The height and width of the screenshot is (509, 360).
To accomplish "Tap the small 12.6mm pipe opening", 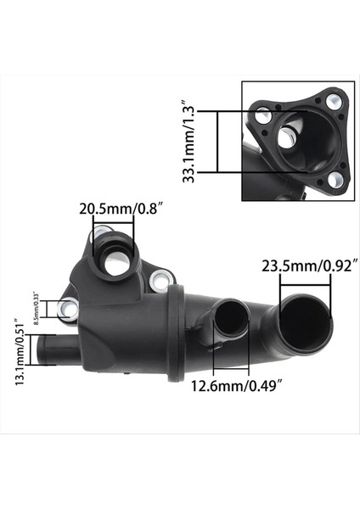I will pyautogui.click(x=229, y=322).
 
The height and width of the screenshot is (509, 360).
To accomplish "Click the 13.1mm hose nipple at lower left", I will pyautogui.click(x=53, y=348).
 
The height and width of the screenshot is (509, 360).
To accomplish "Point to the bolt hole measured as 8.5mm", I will pyautogui.click(x=70, y=309).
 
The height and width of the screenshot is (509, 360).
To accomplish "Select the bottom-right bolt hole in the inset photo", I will pyautogui.click(x=335, y=179).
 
